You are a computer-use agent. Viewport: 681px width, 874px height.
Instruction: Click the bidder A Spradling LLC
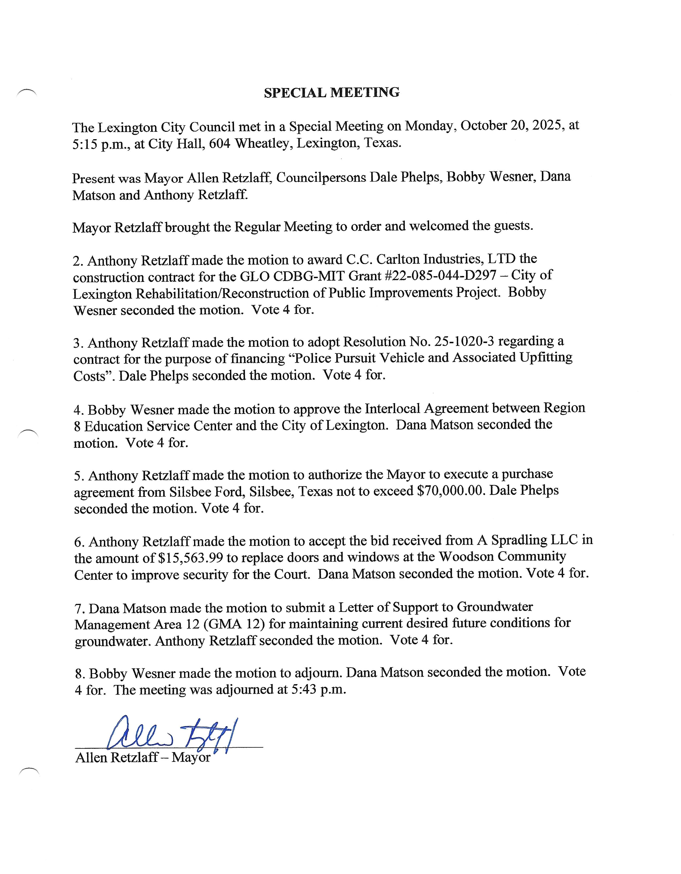point(527,540)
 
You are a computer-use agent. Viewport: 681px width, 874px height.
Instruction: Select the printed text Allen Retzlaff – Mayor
point(142,758)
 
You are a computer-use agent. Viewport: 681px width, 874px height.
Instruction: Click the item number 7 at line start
point(78,609)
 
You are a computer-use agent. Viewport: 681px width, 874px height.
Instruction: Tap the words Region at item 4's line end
point(564,408)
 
